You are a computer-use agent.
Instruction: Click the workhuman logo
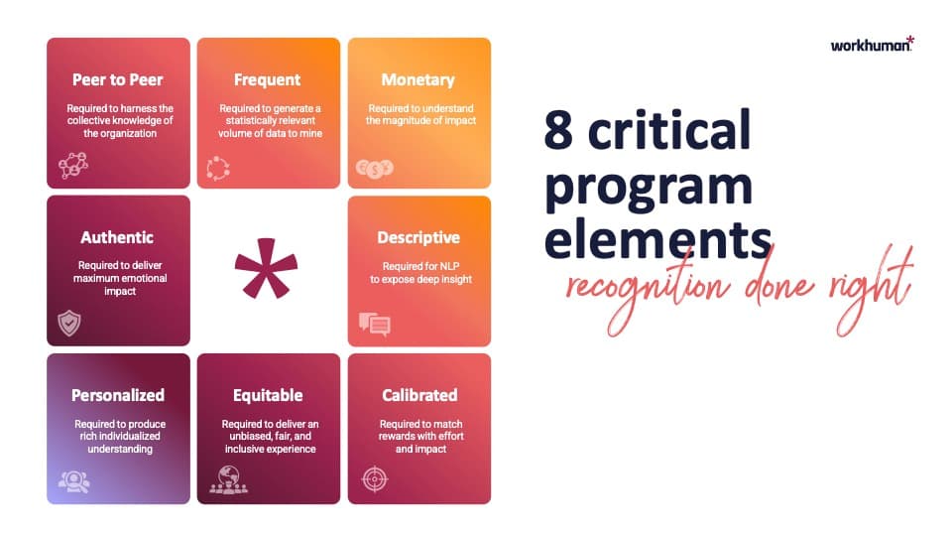pos(872,45)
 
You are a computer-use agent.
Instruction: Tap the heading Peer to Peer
pos(118,79)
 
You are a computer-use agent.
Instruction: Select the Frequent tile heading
pos(268,79)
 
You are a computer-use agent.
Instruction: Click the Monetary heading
pos(418,79)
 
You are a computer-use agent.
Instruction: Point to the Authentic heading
pos(117,237)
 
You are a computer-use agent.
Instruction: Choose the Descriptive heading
pos(418,237)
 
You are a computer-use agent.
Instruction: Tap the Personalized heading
pos(118,395)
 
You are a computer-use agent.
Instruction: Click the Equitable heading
pos(268,395)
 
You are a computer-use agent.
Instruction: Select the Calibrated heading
pos(418,395)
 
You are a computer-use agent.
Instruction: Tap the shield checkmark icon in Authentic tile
pos(69,323)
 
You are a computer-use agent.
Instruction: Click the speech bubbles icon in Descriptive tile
pos(374,324)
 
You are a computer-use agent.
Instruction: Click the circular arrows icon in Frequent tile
pos(218,169)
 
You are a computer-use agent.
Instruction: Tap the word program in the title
pos(649,188)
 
